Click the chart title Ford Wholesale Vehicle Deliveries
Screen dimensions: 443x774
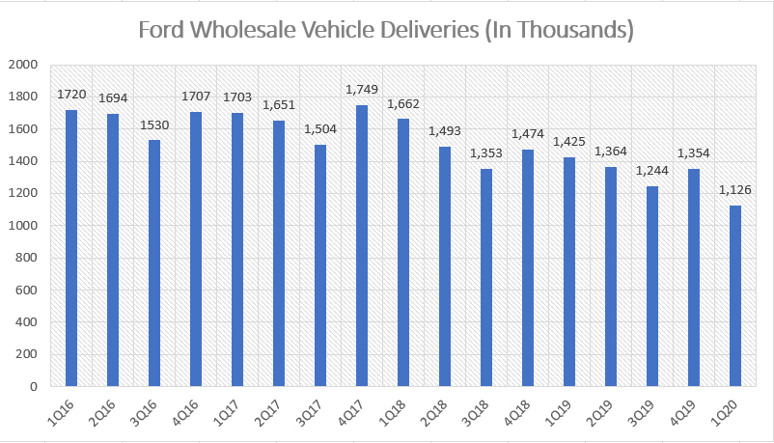click(x=386, y=30)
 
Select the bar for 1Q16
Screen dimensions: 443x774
click(x=71, y=248)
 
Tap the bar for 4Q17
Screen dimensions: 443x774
click(x=362, y=245)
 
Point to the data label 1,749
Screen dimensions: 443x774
click(x=362, y=90)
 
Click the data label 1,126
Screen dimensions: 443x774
click(x=735, y=190)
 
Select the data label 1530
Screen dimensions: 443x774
click(x=154, y=125)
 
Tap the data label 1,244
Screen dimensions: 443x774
click(x=652, y=171)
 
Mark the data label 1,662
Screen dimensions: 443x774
click(x=403, y=104)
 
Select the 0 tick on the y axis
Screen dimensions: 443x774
click(x=33, y=386)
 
